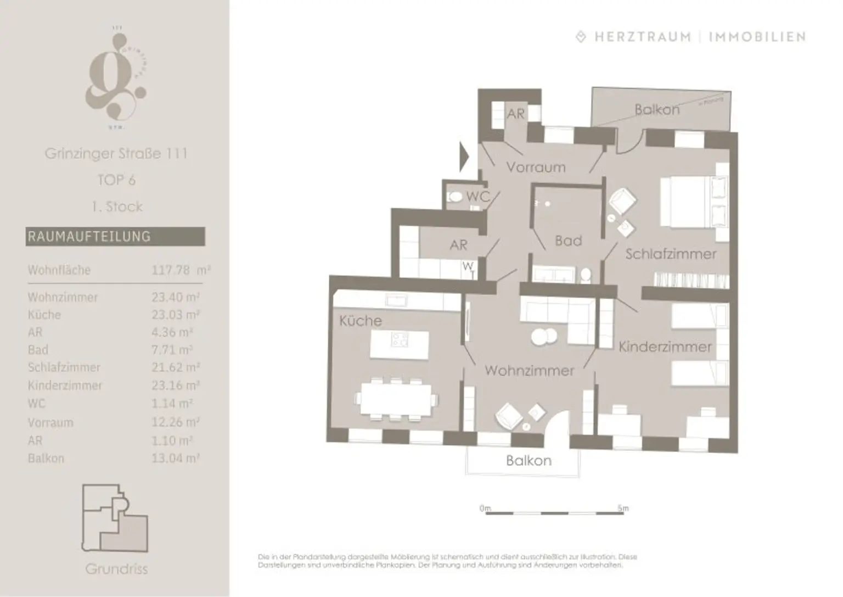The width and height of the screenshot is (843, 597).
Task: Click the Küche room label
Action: (x=360, y=321)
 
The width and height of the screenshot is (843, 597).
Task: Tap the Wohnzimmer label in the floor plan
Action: (x=529, y=371)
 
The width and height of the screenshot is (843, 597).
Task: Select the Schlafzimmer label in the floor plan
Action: (x=671, y=254)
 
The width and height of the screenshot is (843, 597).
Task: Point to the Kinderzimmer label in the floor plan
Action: (x=665, y=347)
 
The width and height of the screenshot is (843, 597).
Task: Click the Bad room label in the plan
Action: (x=568, y=241)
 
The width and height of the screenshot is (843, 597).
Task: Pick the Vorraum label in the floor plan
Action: (x=536, y=167)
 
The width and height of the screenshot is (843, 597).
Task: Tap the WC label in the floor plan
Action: (x=477, y=197)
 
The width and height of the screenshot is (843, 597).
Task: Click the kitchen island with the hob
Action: (x=399, y=340)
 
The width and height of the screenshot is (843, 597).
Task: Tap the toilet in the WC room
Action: (x=456, y=197)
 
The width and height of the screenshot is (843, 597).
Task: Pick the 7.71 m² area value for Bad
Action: (x=172, y=350)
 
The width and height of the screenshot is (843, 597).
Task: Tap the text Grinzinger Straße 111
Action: (x=116, y=153)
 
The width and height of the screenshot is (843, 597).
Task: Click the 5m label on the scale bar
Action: (x=622, y=508)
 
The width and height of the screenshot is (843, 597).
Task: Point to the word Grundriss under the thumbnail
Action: (x=116, y=568)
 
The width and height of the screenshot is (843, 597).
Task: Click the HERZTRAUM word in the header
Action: (x=643, y=37)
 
